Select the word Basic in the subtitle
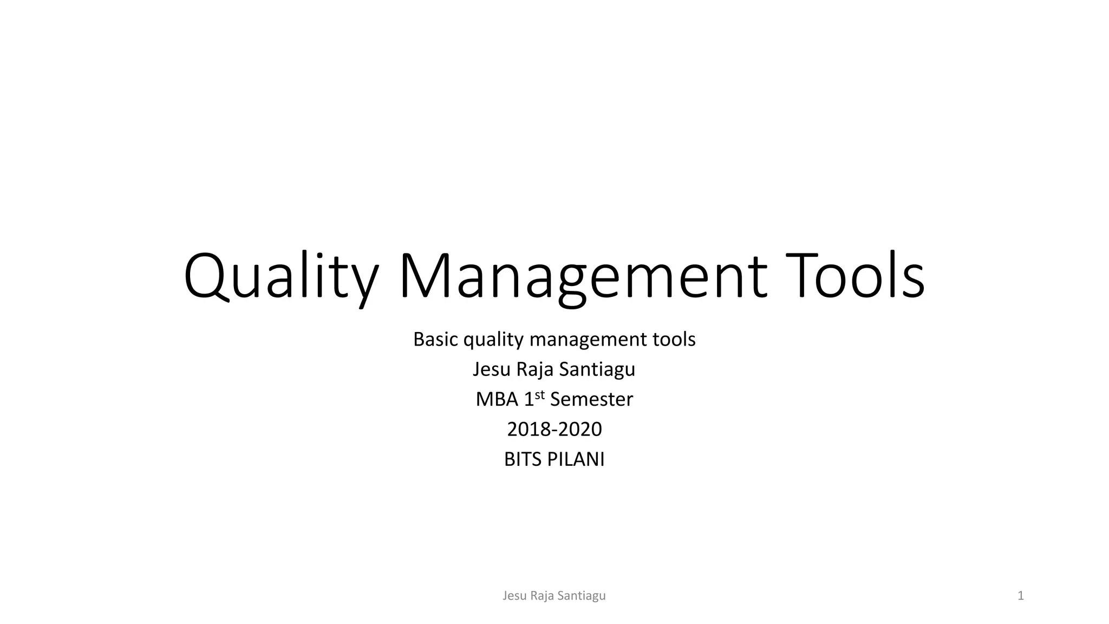coord(436,340)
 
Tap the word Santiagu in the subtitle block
coord(597,369)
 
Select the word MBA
coord(497,400)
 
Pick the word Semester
coord(591,400)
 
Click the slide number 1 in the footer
coord(1021,596)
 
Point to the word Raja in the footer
coord(542,596)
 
